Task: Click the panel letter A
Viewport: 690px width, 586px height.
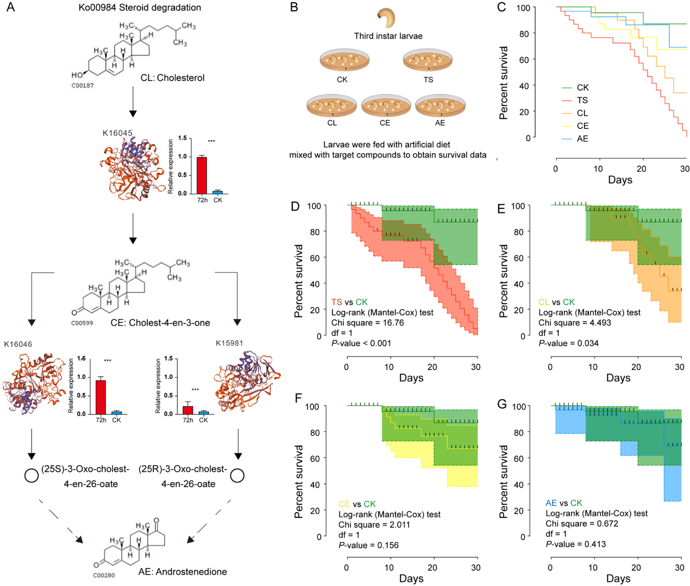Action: (10, 8)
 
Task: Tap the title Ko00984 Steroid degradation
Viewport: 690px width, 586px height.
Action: (132, 8)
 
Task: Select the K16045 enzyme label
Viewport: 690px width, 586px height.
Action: (117, 133)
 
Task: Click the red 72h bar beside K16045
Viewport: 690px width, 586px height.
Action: (202, 175)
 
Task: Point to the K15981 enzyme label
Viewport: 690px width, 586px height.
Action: (229, 343)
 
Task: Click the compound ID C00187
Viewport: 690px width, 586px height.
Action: (83, 86)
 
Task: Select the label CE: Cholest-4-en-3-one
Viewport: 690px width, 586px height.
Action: (160, 323)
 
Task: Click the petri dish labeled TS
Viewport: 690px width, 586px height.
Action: (428, 60)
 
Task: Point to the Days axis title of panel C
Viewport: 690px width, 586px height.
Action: (620, 180)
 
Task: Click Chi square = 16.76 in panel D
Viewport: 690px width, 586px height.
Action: (367, 323)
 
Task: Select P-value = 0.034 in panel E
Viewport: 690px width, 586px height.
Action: (568, 343)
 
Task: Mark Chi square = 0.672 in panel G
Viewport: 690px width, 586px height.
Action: (582, 524)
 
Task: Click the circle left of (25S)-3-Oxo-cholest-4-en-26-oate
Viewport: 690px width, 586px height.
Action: (32, 476)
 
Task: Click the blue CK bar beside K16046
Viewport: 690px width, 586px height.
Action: (116, 413)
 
